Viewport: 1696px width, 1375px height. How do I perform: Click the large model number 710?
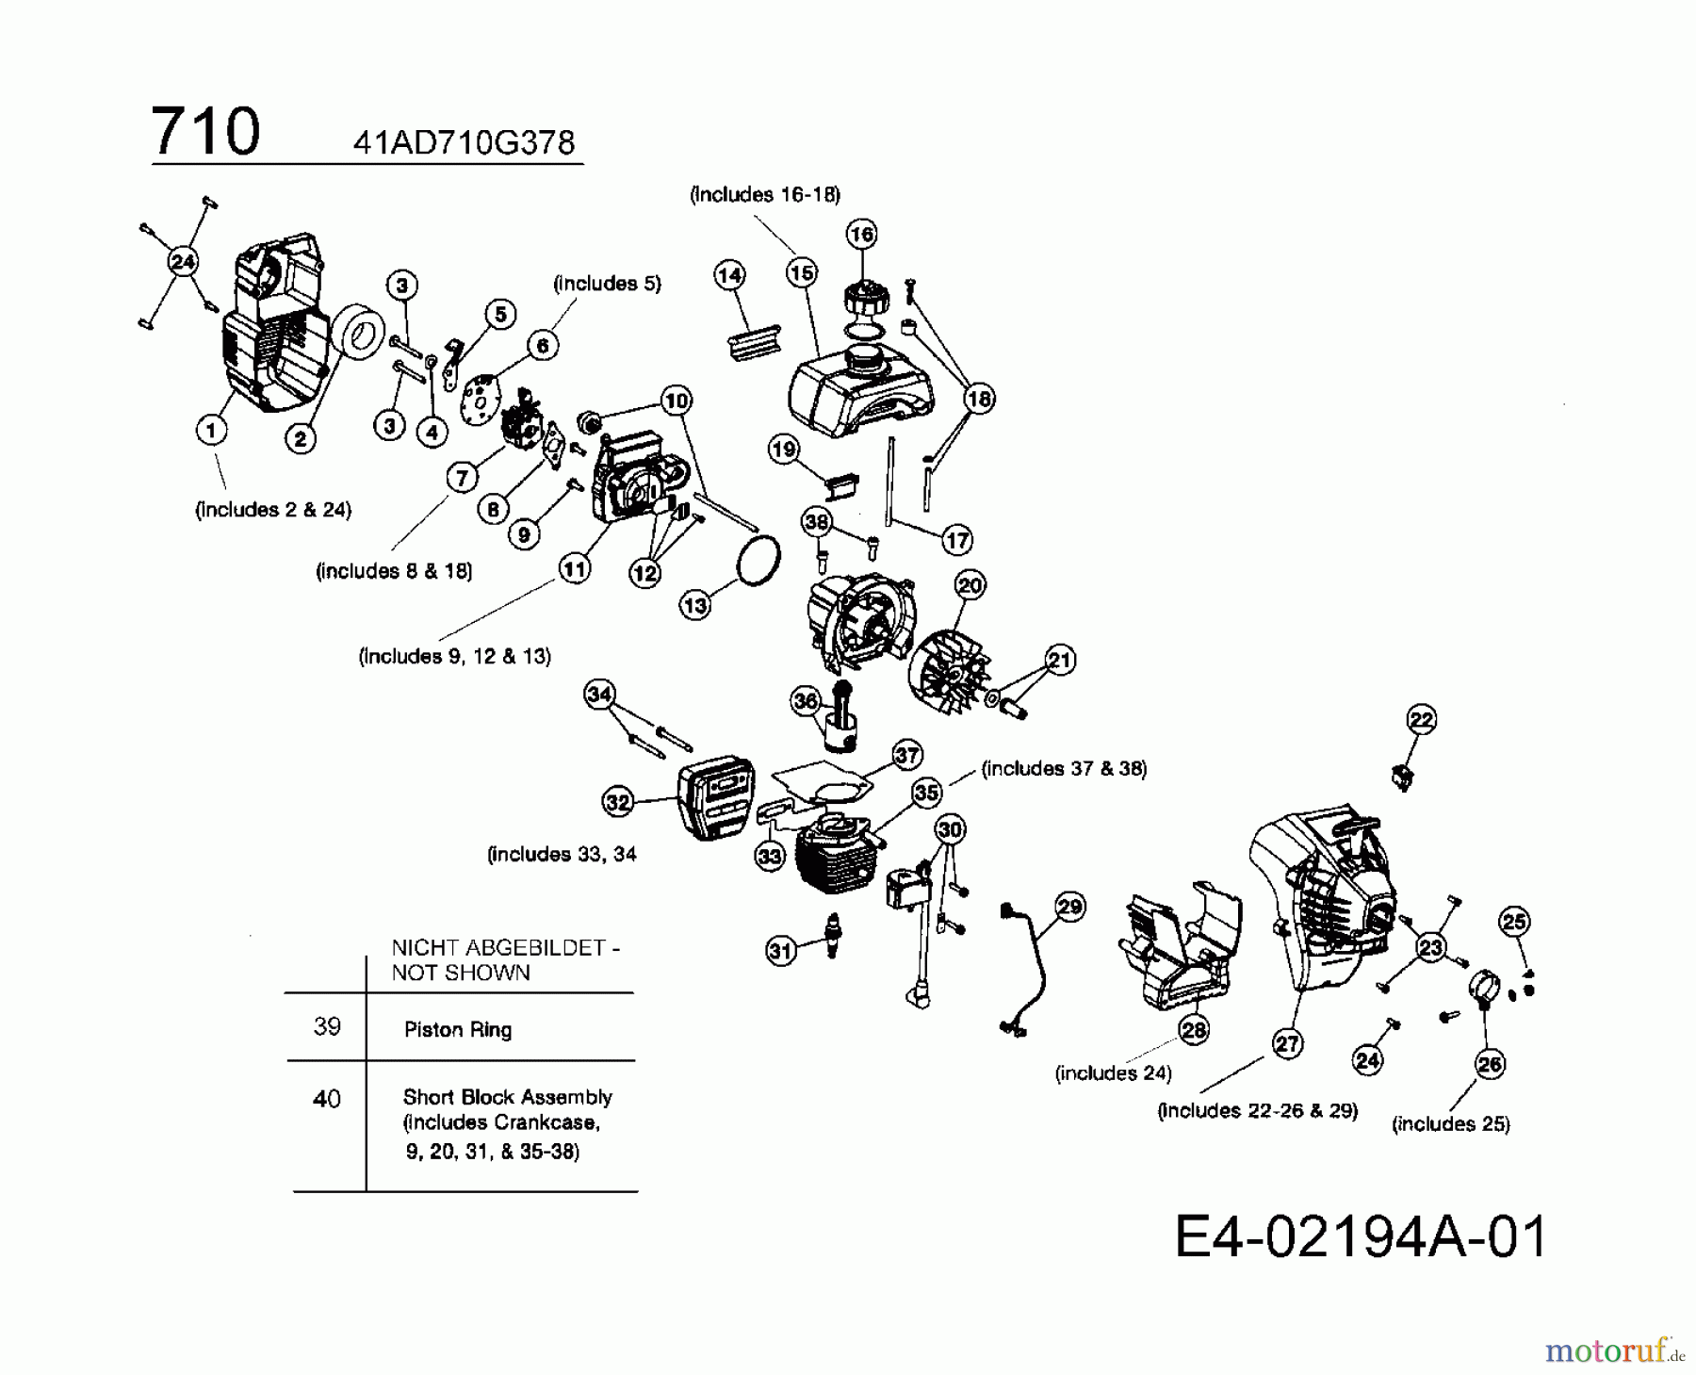click(205, 132)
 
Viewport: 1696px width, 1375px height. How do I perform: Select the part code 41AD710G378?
click(464, 142)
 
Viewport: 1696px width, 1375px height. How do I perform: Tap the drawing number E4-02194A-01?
click(1360, 1236)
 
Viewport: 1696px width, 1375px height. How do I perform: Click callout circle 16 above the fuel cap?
click(861, 234)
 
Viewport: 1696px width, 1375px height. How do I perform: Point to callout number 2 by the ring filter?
click(301, 438)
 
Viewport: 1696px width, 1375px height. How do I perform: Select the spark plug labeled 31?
click(832, 935)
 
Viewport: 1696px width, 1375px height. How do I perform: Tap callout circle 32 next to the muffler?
click(617, 802)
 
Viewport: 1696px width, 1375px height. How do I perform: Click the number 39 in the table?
click(327, 1026)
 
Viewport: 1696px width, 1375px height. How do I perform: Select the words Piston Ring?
click(458, 1029)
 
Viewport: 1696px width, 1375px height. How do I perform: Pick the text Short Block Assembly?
click(507, 1097)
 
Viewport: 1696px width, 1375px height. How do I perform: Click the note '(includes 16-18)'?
click(765, 194)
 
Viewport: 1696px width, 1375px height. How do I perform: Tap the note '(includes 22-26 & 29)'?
click(1257, 1110)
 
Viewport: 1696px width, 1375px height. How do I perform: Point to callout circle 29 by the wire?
click(1069, 907)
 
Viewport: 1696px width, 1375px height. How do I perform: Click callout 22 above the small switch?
click(1421, 720)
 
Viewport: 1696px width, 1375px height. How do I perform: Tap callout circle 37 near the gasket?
click(906, 755)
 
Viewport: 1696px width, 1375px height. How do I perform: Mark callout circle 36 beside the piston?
click(806, 700)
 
